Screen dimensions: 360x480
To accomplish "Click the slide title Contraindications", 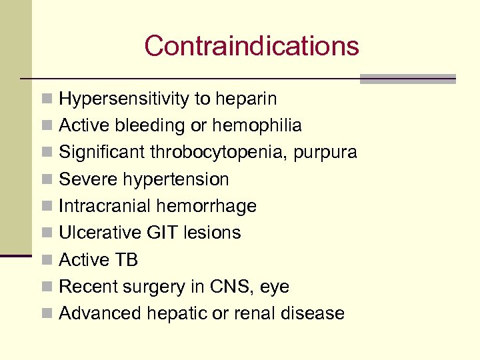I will pos(251,46).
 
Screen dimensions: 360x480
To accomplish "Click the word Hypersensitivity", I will pos(124,99).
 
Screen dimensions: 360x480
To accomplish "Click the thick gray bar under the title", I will pos(407,79).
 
